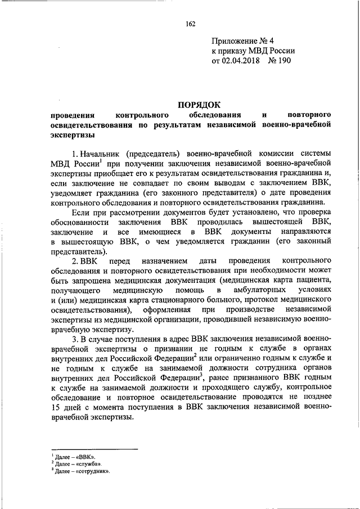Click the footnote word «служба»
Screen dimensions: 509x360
click(x=89, y=465)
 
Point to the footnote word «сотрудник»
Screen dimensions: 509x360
click(x=92, y=472)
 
